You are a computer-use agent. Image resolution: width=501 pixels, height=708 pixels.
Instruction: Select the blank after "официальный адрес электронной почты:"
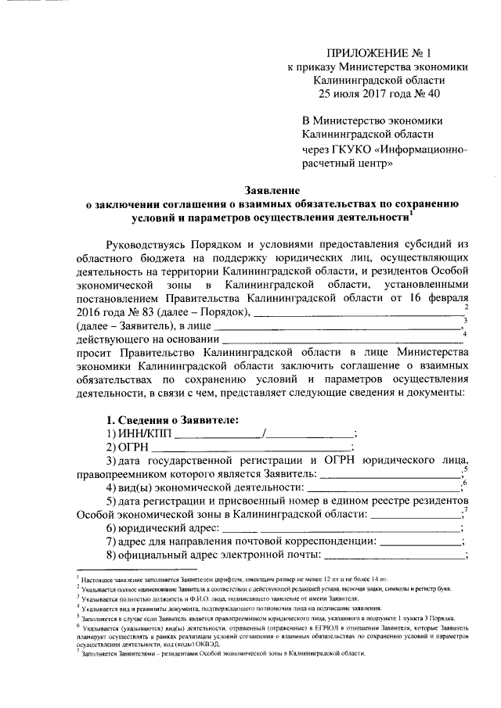point(393,556)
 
